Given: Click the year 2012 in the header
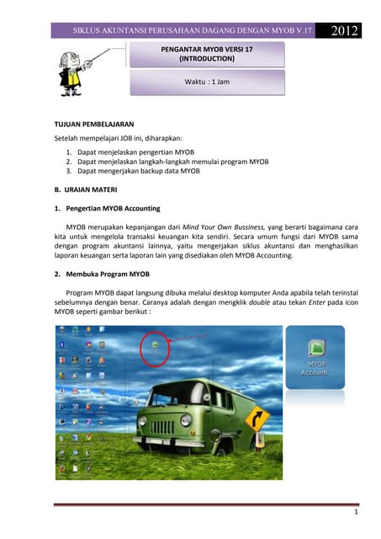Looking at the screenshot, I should pos(346,31).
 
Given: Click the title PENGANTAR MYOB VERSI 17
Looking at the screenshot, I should pos(206,50).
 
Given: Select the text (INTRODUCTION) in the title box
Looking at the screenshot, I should pos(207,60).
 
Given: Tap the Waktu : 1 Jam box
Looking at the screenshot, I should pos(207,82).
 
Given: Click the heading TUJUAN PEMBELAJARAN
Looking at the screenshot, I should pos(94,124).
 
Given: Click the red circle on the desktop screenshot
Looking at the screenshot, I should pos(155,347).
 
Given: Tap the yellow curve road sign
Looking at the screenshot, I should pos(257,419).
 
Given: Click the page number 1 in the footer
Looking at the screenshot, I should pos(356,511).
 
